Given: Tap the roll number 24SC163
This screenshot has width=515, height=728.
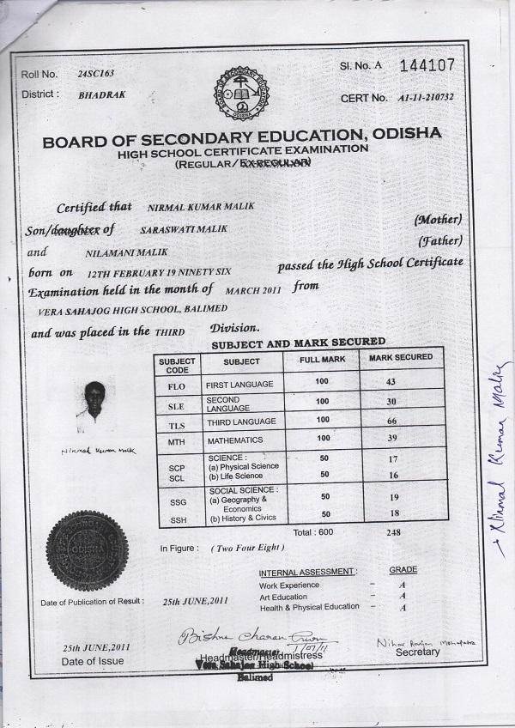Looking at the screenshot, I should [94, 75].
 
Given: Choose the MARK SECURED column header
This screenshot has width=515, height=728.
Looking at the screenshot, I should [400, 356].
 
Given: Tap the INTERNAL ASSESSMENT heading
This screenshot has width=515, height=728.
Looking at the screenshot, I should [306, 571].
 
